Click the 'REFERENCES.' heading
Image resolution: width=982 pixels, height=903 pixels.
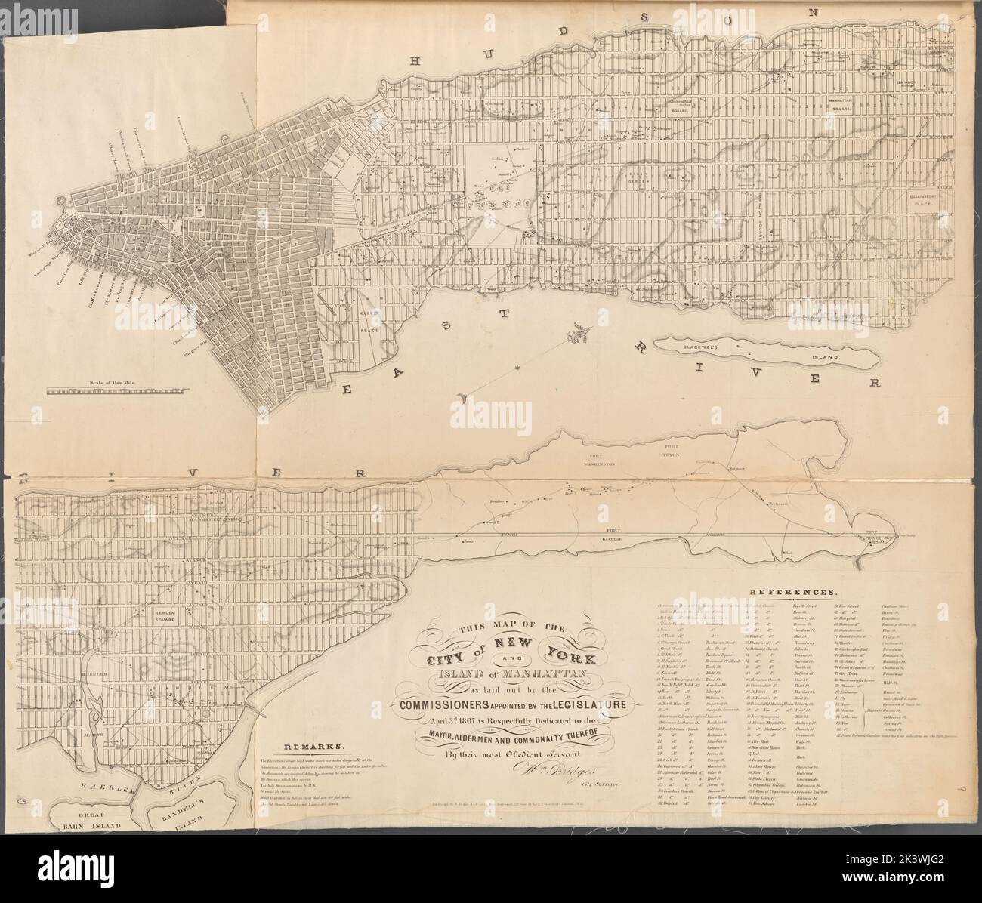coord(792,593)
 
